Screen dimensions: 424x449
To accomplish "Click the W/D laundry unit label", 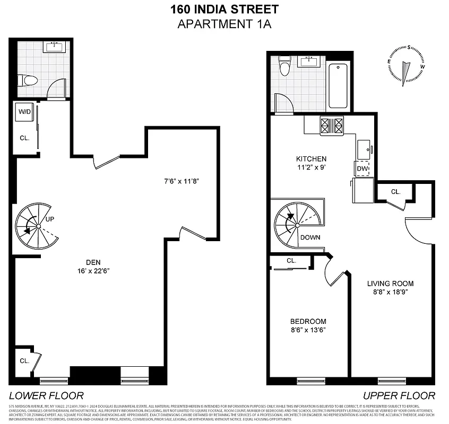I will (x=24, y=112).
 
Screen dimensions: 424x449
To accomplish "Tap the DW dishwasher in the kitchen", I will (x=362, y=169).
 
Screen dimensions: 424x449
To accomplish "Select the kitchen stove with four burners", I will (x=332, y=126).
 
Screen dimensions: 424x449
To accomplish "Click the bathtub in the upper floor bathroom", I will (x=338, y=85).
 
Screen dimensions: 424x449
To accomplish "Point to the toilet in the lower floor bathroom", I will (x=28, y=81).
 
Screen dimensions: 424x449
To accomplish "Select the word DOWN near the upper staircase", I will (x=310, y=237).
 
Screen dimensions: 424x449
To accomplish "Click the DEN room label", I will (x=93, y=261).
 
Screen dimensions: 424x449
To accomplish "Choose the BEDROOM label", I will (x=308, y=321).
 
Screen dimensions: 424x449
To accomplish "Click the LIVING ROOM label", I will (x=390, y=283).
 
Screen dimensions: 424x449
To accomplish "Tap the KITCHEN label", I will (x=311, y=158).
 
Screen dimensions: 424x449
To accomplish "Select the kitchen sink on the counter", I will (x=364, y=148).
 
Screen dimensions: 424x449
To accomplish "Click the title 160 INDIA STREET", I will (x=225, y=9).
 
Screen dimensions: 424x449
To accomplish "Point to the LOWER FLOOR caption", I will (x=46, y=395).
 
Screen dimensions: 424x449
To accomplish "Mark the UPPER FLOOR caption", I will (x=399, y=395).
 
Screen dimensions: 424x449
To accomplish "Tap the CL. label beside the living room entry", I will (x=395, y=191).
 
